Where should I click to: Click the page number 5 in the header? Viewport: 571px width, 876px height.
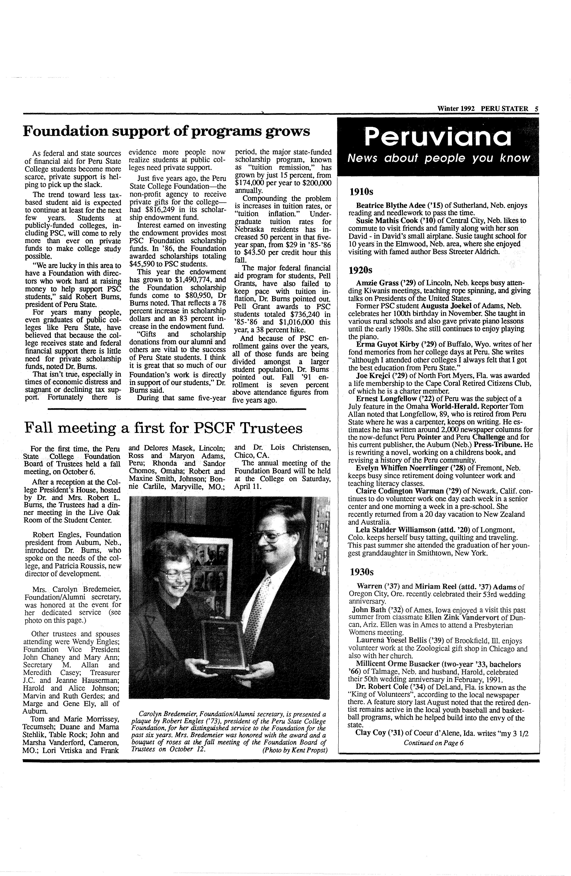pyautogui.click(x=536, y=109)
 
